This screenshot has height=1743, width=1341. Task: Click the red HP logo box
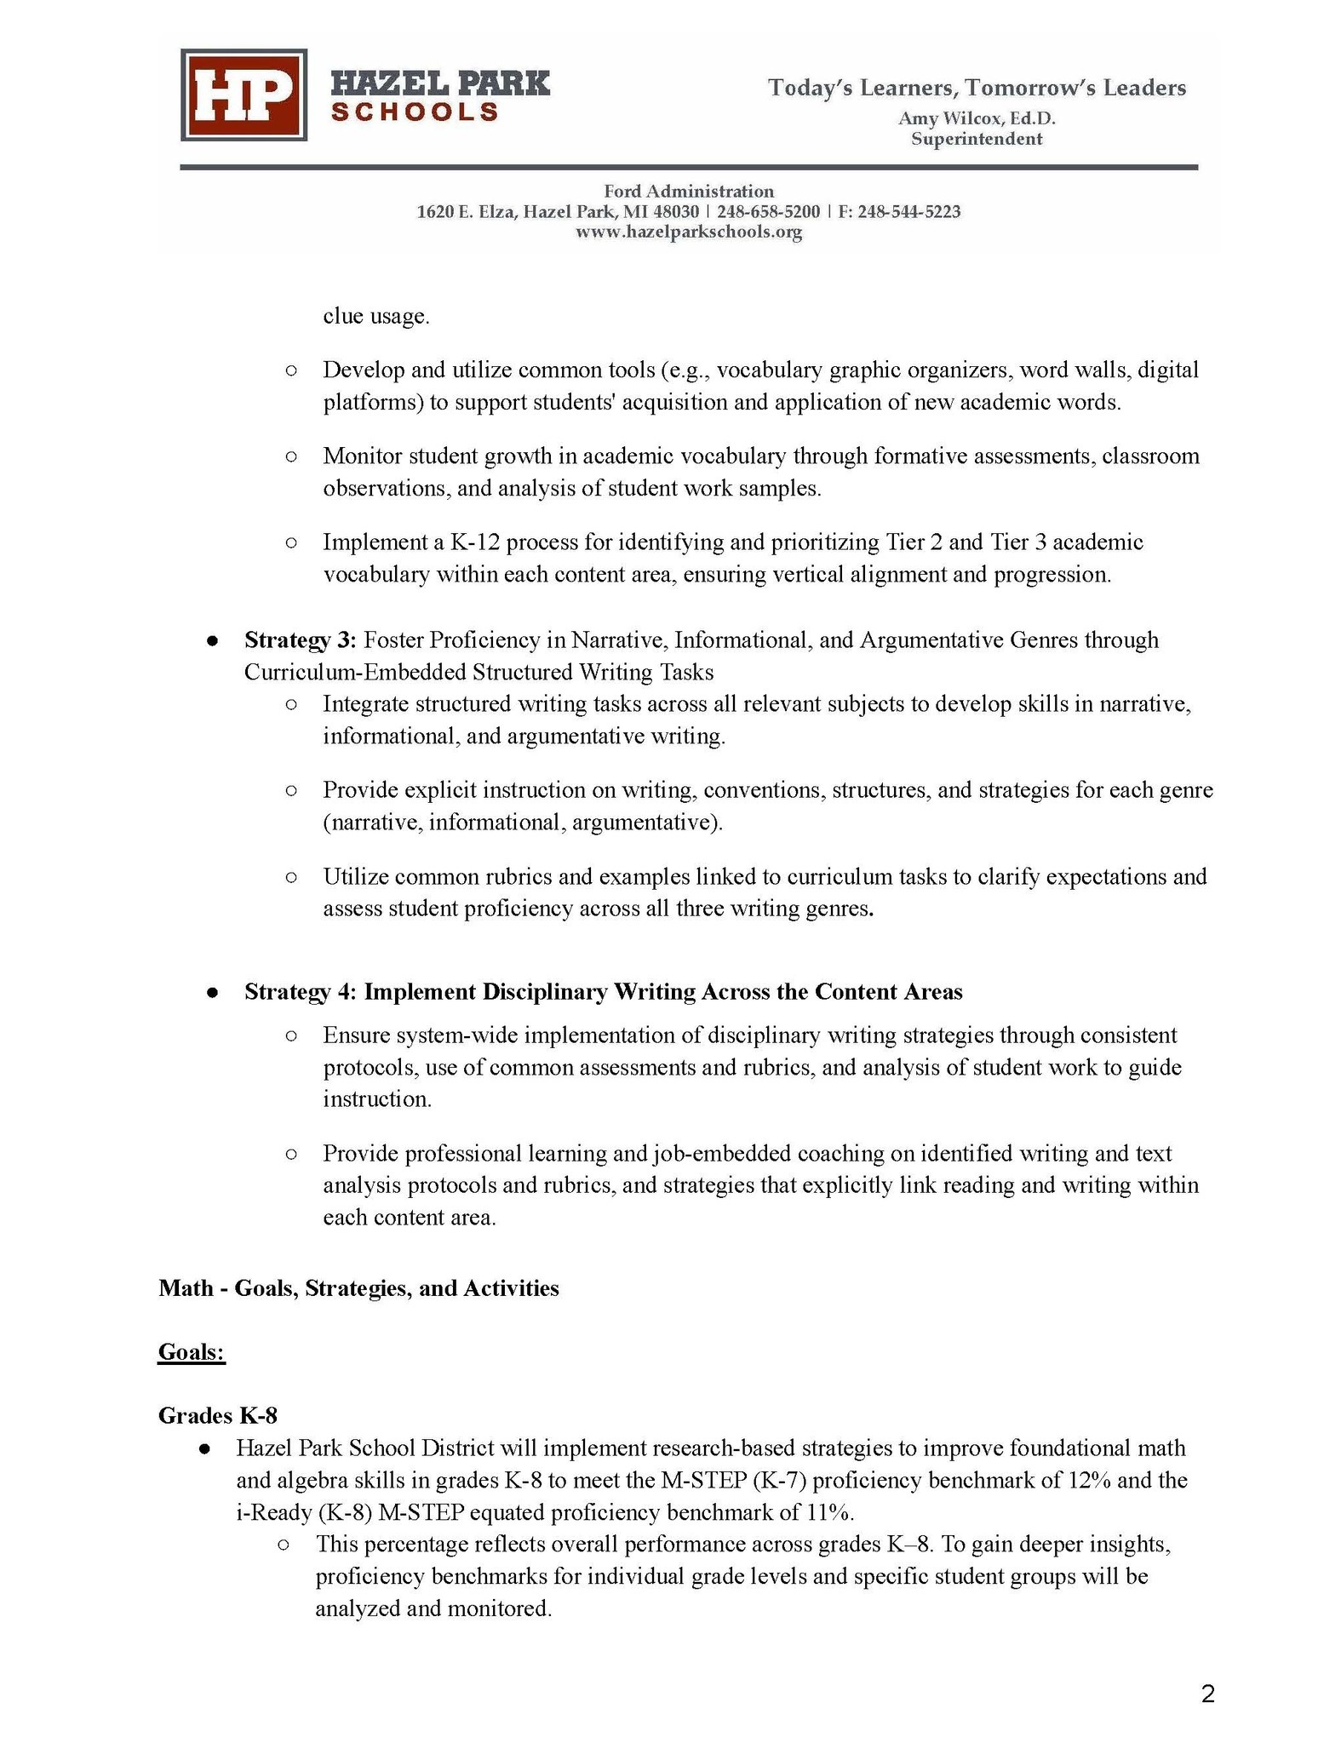click(x=244, y=95)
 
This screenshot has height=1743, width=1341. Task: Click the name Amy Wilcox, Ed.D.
click(x=977, y=118)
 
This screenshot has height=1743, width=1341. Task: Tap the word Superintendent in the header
click(x=977, y=139)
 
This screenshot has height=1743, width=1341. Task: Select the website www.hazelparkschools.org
click(x=689, y=232)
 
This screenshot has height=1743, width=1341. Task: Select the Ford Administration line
click(x=689, y=191)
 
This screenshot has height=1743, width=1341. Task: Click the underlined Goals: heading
click(x=192, y=1352)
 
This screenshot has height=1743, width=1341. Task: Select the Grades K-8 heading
click(x=218, y=1415)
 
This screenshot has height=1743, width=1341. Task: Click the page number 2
click(x=1207, y=1694)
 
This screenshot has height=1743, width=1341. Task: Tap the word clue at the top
click(x=343, y=317)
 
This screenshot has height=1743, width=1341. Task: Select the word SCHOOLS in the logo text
click(x=415, y=112)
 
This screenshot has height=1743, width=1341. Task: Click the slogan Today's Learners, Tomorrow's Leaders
click(x=977, y=88)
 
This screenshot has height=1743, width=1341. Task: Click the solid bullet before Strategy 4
click(x=213, y=993)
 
